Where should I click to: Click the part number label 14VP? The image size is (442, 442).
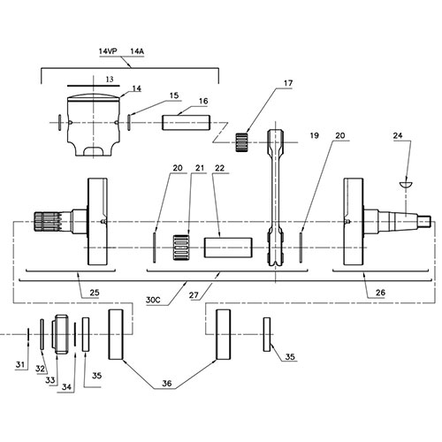point(109,53)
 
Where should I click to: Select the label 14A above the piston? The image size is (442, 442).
point(138,53)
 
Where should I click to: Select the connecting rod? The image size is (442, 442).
point(276,199)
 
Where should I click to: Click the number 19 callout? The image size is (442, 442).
point(314,137)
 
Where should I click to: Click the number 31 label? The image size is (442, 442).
point(20,365)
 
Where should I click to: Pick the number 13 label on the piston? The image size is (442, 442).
point(109,79)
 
